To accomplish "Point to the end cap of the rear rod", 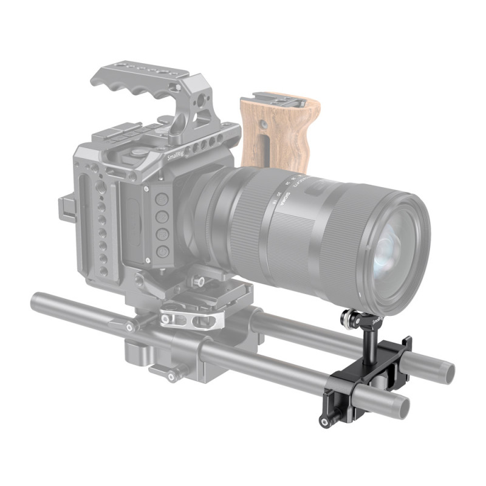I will point(447,368).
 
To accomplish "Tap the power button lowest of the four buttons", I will point(162,250).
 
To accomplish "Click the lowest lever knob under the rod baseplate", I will point(173,377).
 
